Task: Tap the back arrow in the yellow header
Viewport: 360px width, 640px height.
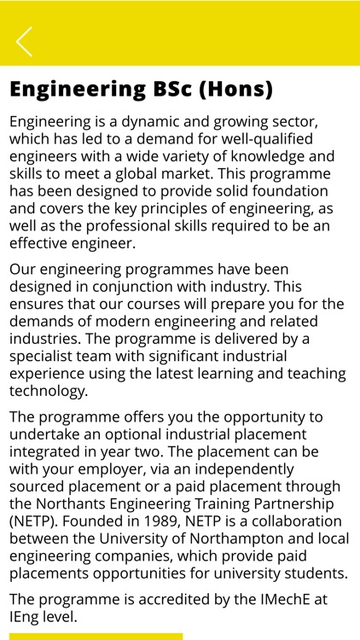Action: click(x=24, y=41)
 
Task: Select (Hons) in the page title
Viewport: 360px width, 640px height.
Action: click(x=235, y=89)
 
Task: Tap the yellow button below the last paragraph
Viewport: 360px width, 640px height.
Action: click(x=96, y=636)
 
